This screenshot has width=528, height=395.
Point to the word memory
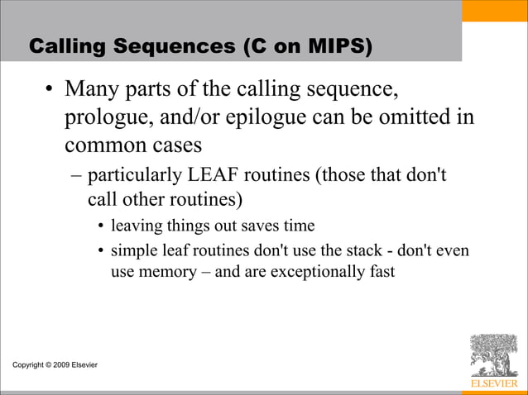point(168,269)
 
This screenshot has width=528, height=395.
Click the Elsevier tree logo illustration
point(492,355)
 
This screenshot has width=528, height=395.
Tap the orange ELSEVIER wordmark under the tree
point(492,384)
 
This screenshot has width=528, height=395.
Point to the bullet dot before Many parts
point(50,90)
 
